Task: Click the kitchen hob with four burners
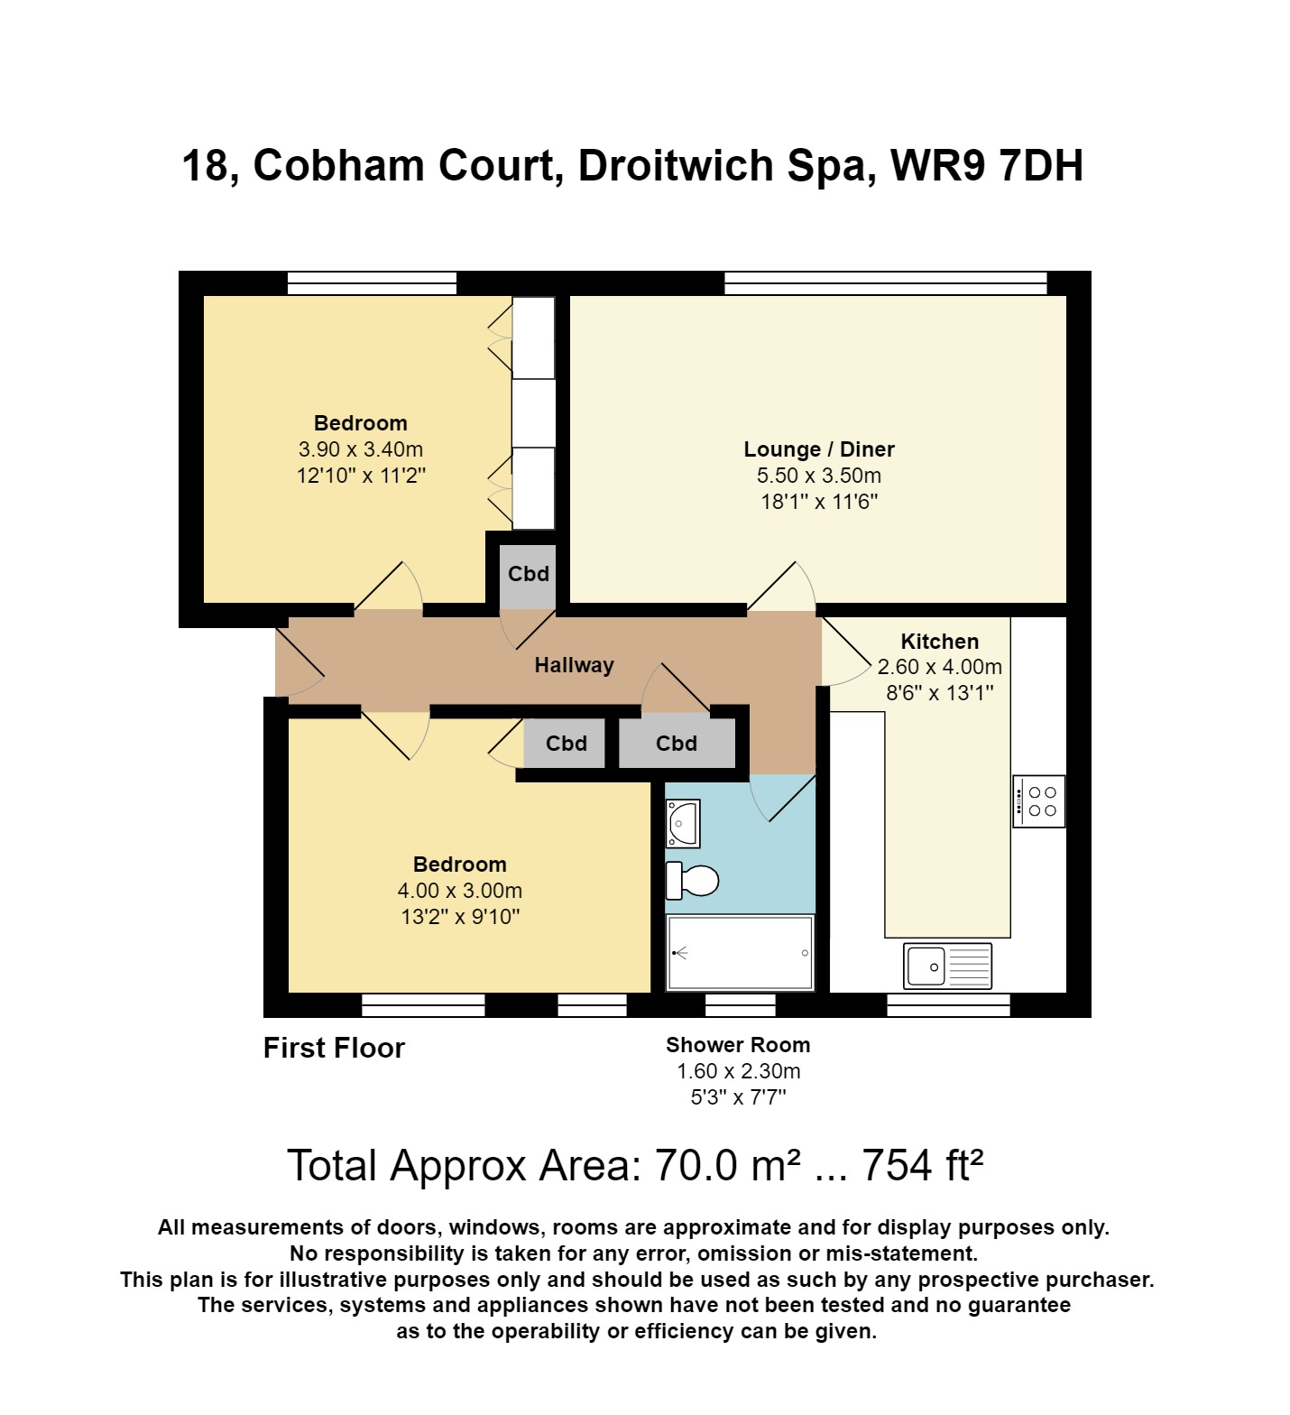pos(1038,801)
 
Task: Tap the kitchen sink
pos(947,966)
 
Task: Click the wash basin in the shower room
pos(682,824)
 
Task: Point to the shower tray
pos(740,953)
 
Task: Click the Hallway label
pos(574,665)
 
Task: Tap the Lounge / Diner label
pos(818,449)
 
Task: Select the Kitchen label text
pos(939,642)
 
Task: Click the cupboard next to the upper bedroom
pos(528,574)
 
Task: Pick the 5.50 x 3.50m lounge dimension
pos(818,476)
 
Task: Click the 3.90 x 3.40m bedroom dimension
pos(360,449)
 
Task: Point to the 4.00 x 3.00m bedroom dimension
pos(459,891)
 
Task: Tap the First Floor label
pos(334,1048)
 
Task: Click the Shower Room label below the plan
pos(738,1045)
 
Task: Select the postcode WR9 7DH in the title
pos(986,166)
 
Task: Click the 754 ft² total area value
pos(921,1165)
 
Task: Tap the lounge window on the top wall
pos(885,282)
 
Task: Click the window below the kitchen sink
pos(947,1005)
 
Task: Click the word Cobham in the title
pos(401,166)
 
